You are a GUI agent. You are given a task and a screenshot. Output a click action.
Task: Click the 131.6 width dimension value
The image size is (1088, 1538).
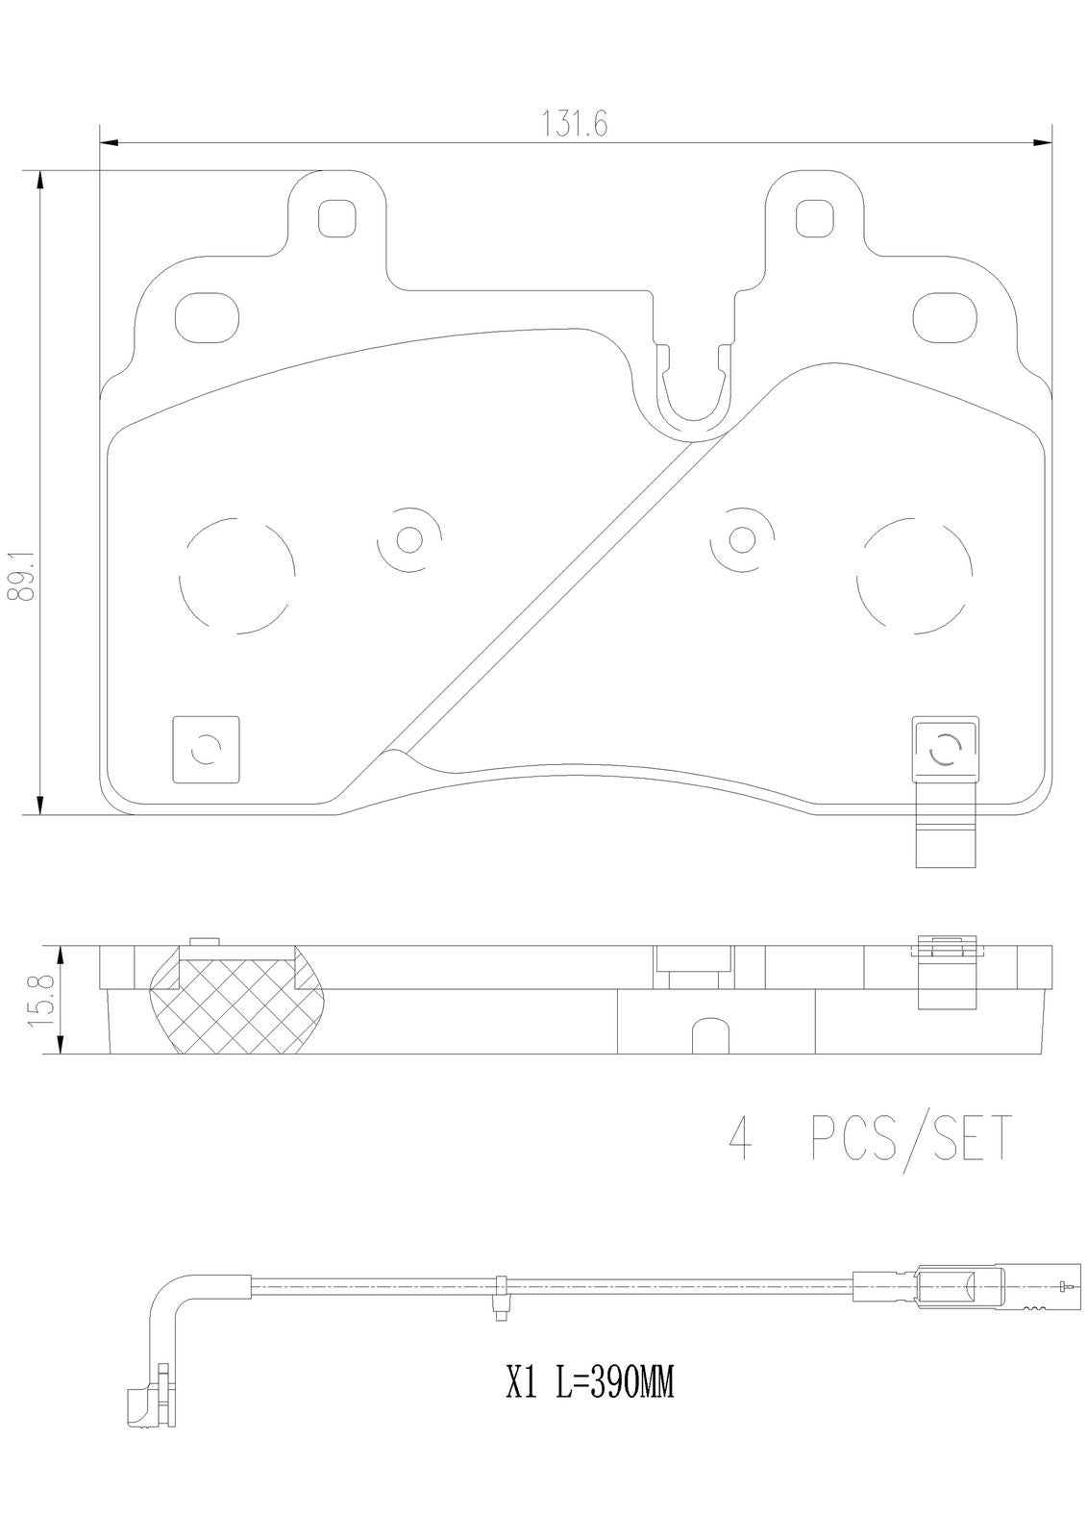tap(575, 124)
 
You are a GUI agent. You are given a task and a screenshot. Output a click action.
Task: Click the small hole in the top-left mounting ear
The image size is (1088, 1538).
tap(337, 217)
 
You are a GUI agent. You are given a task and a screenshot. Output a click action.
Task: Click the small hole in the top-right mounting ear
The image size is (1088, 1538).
tap(813, 217)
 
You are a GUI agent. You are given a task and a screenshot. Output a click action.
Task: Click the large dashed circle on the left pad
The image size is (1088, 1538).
tap(236, 576)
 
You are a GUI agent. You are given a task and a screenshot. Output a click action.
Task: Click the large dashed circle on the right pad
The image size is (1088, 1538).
tap(914, 576)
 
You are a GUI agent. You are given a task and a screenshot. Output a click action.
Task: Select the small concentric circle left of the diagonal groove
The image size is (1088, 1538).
tap(409, 539)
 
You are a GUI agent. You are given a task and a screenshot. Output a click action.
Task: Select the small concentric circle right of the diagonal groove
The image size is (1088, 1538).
tap(741, 539)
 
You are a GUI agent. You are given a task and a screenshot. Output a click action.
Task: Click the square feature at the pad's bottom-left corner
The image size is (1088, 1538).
tap(207, 749)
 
